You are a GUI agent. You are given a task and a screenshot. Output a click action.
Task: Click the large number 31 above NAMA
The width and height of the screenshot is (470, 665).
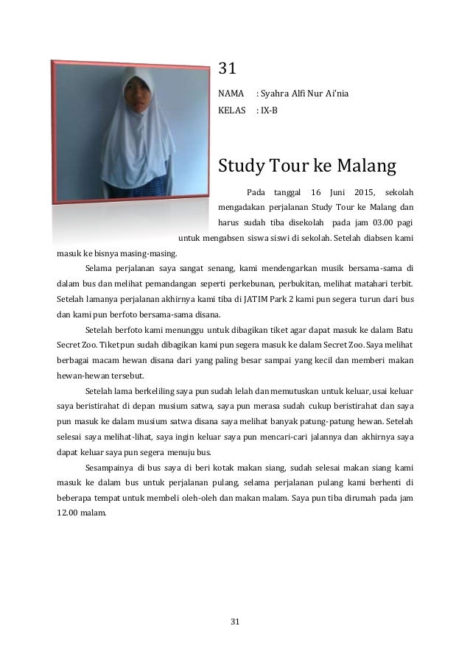[x=227, y=70]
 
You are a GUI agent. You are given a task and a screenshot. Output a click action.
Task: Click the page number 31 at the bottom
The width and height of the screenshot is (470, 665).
[x=235, y=622]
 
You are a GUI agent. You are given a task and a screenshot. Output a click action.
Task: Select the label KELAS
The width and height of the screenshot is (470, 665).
[x=231, y=112]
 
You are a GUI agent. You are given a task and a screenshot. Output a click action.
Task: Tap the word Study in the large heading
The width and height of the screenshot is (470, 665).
[x=244, y=163]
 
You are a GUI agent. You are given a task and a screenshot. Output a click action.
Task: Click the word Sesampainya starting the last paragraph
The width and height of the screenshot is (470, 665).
[x=109, y=468]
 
